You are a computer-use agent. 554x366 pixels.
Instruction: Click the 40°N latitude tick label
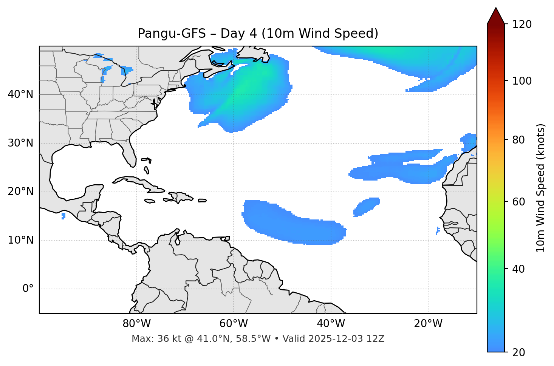20,94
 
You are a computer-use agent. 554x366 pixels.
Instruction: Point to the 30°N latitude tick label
20,143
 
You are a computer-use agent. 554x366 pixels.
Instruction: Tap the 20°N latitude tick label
20,191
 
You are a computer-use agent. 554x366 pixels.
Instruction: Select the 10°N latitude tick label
20,240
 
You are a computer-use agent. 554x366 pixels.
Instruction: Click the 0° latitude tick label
28,289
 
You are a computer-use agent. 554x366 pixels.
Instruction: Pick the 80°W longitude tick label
136,324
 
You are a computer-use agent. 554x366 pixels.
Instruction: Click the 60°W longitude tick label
234,324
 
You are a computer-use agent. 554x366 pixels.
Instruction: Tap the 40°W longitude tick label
331,324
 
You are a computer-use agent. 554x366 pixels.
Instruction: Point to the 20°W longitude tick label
428,324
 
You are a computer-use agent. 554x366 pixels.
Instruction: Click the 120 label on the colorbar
522,25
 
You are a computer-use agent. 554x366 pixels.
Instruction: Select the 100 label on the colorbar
522,81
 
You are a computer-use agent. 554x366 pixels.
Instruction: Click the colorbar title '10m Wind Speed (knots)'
541,188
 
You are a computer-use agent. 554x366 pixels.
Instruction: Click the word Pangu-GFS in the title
172,34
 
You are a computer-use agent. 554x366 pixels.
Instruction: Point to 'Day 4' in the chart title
238,34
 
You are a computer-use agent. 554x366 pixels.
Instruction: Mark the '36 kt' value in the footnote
167,339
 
